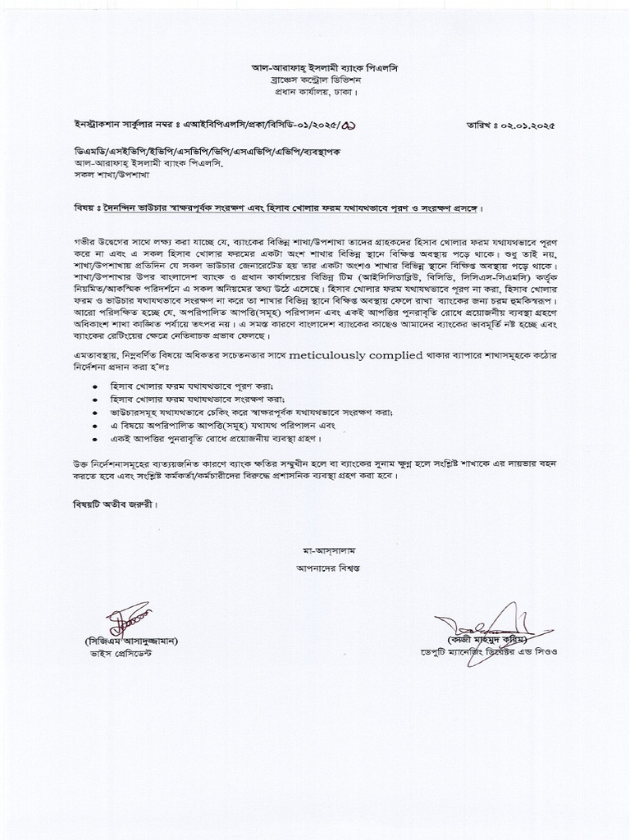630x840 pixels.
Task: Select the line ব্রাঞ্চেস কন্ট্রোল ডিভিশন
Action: click(x=316, y=80)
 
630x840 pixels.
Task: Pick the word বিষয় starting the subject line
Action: click(x=80, y=208)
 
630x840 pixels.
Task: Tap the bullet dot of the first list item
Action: click(x=97, y=386)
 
